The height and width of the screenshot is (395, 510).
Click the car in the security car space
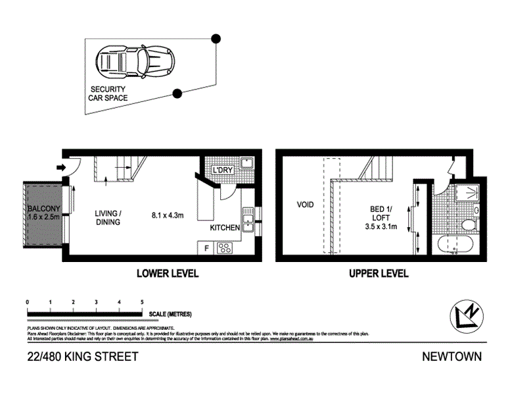[x=131, y=59]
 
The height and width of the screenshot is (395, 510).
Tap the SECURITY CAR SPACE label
[x=108, y=93]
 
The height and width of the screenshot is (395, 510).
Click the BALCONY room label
[x=43, y=211]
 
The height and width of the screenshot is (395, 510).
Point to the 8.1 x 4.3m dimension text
[x=167, y=214]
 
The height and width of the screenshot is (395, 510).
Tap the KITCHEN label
[x=225, y=228]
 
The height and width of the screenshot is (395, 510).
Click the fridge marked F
[x=206, y=248]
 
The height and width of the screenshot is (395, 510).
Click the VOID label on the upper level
[x=305, y=205]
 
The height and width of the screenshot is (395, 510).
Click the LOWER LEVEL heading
[x=167, y=273]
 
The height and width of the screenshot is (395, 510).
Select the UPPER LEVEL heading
[x=379, y=273]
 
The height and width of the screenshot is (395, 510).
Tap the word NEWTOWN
[x=453, y=357]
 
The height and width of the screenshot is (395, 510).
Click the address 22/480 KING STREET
[x=83, y=357]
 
